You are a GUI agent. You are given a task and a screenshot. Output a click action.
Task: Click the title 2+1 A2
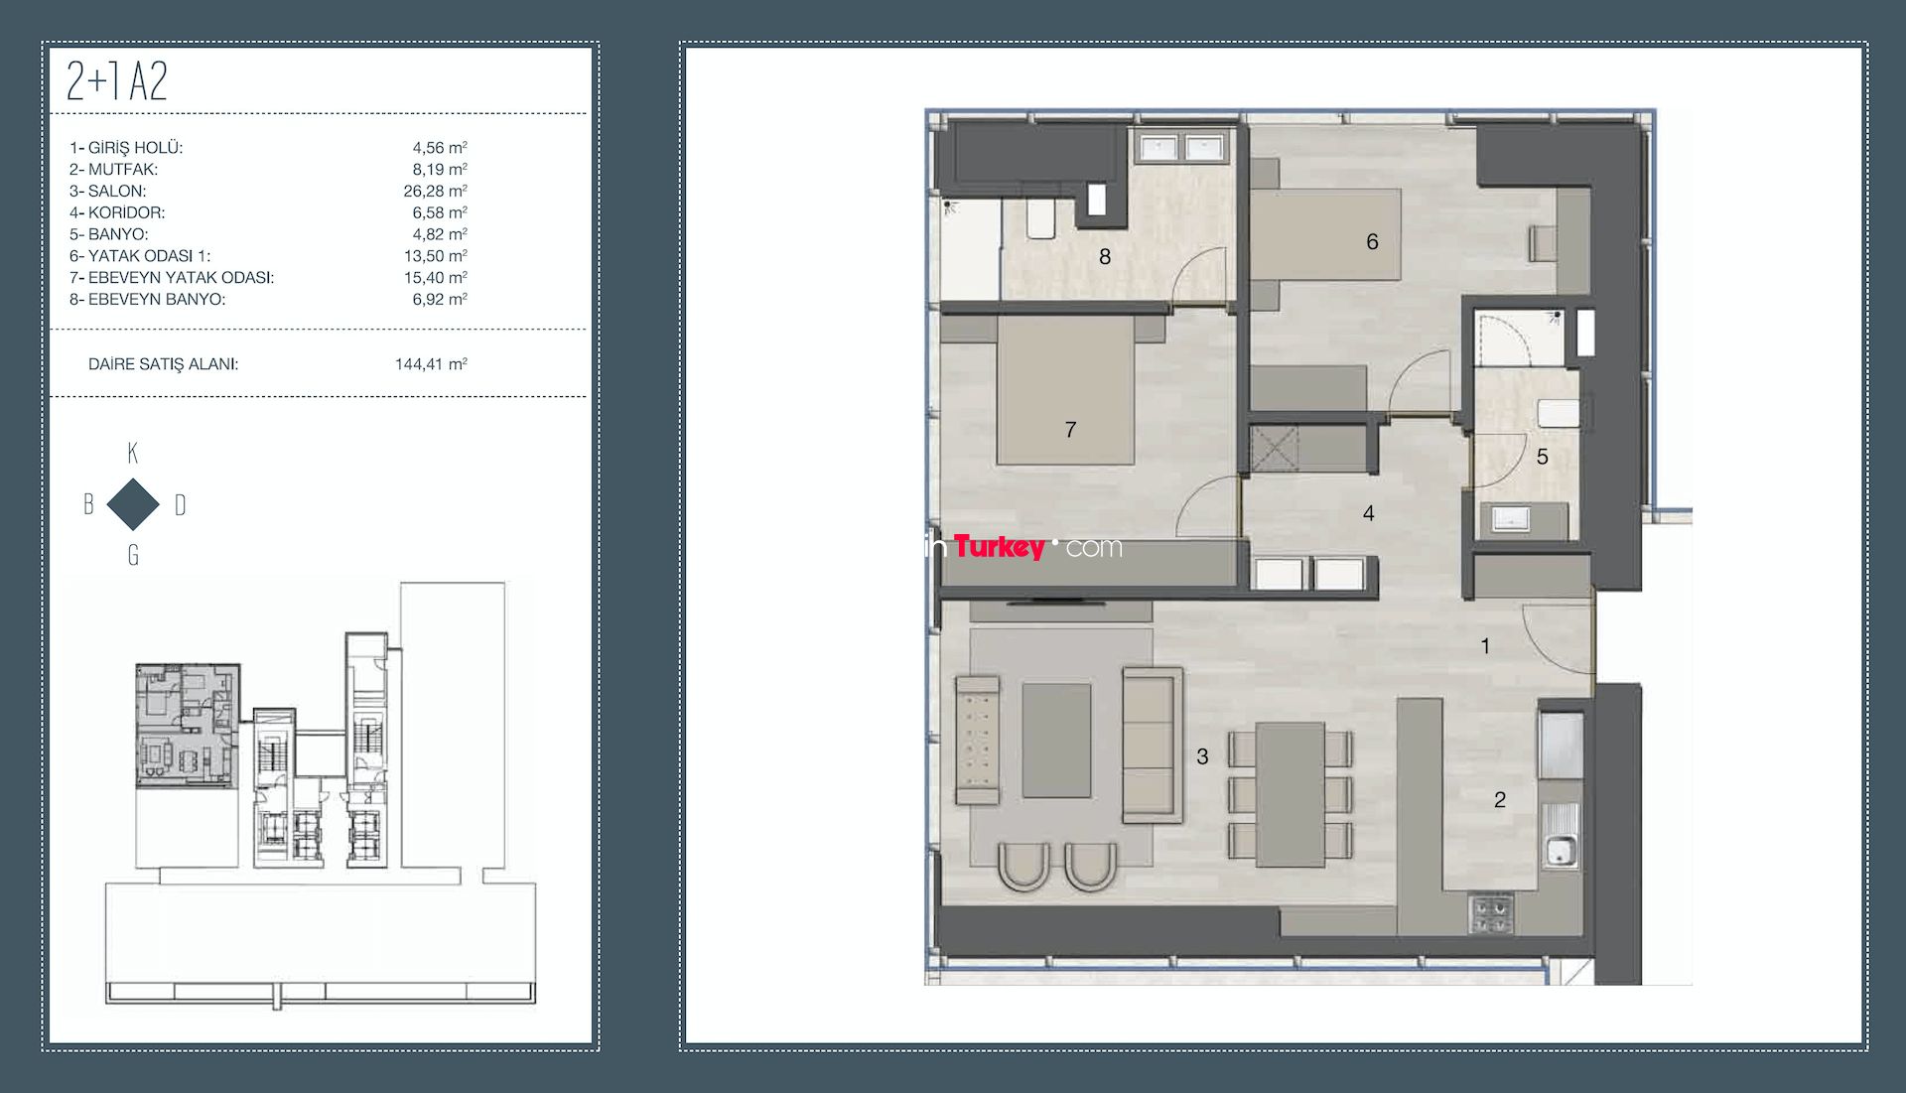pyautogui.click(x=116, y=81)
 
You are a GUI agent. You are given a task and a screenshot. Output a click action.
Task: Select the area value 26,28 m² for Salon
pyautogui.click(x=435, y=191)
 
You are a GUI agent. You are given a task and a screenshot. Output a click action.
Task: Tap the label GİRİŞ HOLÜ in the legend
pyautogui.click(x=135, y=147)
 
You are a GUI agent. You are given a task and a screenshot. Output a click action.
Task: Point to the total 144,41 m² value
pyautogui.click(x=431, y=363)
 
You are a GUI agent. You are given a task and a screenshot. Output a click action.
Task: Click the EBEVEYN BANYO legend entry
pyautogui.click(x=157, y=299)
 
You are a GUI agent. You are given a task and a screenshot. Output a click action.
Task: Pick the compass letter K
pyautogui.click(x=133, y=454)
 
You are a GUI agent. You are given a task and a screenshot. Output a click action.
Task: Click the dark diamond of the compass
pyautogui.click(x=133, y=504)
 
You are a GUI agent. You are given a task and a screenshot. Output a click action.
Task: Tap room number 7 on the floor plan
pyautogui.click(x=1070, y=430)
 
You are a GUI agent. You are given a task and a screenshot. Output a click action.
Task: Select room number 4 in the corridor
pyautogui.click(x=1369, y=513)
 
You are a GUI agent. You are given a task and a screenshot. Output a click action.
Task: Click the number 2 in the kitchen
pyautogui.click(x=1500, y=800)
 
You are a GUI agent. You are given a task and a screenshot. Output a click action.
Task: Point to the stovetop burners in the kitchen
pyautogui.click(x=1491, y=914)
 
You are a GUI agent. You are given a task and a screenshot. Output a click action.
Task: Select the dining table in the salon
pyautogui.click(x=1290, y=795)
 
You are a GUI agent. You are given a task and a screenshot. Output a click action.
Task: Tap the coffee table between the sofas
pyautogui.click(x=1056, y=740)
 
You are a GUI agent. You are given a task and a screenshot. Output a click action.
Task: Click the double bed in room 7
pyautogui.click(x=1065, y=390)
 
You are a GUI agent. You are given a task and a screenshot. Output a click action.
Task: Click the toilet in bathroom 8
pyautogui.click(x=1040, y=220)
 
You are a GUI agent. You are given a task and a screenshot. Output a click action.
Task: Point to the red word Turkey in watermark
pyautogui.click(x=999, y=546)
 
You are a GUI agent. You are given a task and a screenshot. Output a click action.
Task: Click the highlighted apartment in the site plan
pyautogui.click(x=188, y=725)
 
